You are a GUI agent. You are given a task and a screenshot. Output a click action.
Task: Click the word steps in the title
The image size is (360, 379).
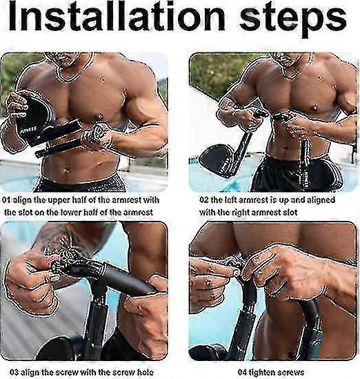point(293,20)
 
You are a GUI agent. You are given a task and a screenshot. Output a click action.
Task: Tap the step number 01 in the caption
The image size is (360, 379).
point(6,200)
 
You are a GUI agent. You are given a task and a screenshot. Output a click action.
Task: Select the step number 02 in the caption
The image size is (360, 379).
point(203,200)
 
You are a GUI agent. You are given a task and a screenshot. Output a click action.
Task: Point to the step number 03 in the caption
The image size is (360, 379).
point(14,372)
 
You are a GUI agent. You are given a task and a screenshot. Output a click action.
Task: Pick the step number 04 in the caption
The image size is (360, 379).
point(243,372)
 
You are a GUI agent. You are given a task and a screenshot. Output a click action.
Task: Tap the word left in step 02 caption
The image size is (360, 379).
point(230,200)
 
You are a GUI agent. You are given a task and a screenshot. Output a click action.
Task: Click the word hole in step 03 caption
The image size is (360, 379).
point(146,372)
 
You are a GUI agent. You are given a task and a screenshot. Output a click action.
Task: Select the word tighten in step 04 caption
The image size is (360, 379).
point(263,372)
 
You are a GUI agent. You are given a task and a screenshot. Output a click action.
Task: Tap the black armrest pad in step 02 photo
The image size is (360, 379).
point(217,160)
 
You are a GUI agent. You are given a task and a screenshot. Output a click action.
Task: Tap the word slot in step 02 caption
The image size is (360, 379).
point(290,213)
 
